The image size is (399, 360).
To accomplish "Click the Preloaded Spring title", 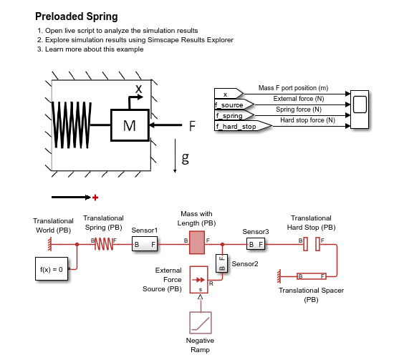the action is click(x=77, y=16).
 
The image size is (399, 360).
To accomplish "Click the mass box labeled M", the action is click(x=130, y=125).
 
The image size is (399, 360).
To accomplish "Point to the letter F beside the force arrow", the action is click(x=192, y=126).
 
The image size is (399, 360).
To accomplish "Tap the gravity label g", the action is click(x=186, y=158).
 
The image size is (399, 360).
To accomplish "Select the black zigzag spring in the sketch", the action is click(x=72, y=125).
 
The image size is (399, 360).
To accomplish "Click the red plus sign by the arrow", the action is click(x=95, y=198).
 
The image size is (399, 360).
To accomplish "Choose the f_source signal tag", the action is click(x=234, y=104).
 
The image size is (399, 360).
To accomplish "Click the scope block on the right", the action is click(x=360, y=110).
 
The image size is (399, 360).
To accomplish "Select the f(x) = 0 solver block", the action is click(x=52, y=269).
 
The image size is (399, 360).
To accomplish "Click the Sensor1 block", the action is click(x=145, y=244).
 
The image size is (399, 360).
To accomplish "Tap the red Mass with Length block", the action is click(x=197, y=243).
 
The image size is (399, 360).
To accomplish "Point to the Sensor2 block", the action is click(x=221, y=263).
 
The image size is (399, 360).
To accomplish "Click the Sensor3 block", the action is click(x=256, y=244).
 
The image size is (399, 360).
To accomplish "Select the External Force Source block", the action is click(x=198, y=280).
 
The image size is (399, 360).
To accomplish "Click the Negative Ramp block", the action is click(x=201, y=323).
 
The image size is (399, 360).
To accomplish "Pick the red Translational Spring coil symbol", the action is click(x=104, y=244).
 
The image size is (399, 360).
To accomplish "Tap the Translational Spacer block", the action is click(x=312, y=276).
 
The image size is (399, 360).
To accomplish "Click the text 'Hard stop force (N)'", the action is click(x=307, y=120).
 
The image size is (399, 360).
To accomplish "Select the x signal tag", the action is click(x=229, y=94).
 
